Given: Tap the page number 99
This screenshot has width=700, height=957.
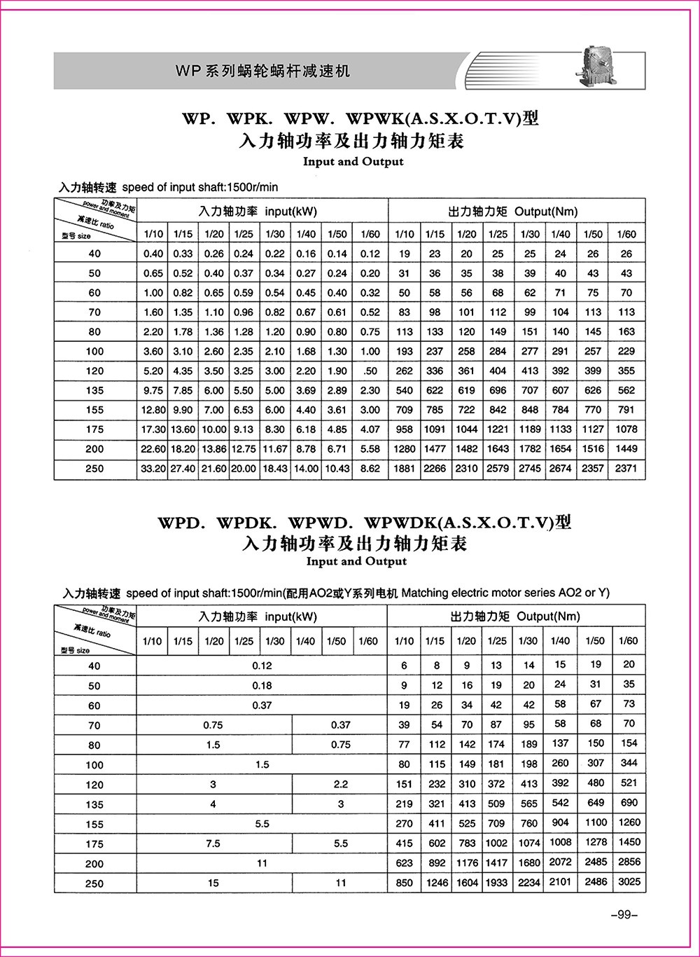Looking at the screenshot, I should click(621, 914).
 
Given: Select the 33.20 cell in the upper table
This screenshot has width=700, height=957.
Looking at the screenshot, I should click(152, 469).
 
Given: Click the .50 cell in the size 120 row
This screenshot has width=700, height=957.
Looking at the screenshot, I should click(370, 371).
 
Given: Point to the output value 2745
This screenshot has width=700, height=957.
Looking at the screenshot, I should click(530, 469).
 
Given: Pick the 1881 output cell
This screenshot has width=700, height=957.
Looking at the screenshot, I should click(404, 469).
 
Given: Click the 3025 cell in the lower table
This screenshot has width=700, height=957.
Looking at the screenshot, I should click(629, 882).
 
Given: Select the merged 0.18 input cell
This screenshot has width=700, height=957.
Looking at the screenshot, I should click(262, 685).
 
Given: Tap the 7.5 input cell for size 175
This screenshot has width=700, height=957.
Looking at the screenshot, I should click(213, 844).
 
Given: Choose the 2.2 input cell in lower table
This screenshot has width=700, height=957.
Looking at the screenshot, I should click(340, 785).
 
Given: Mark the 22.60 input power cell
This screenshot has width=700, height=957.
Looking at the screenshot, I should click(152, 449).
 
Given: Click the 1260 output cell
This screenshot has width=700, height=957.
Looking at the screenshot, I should click(629, 822).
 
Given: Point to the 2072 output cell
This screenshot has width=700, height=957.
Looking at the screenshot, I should click(560, 862).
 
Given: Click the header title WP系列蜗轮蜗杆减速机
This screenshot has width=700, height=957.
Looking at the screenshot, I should click(262, 71).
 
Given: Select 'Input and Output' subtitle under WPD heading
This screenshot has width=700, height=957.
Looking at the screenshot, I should click(356, 561).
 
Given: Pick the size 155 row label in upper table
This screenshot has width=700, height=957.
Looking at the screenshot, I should click(94, 410).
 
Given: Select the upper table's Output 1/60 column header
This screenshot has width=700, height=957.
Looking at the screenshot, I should click(626, 234).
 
